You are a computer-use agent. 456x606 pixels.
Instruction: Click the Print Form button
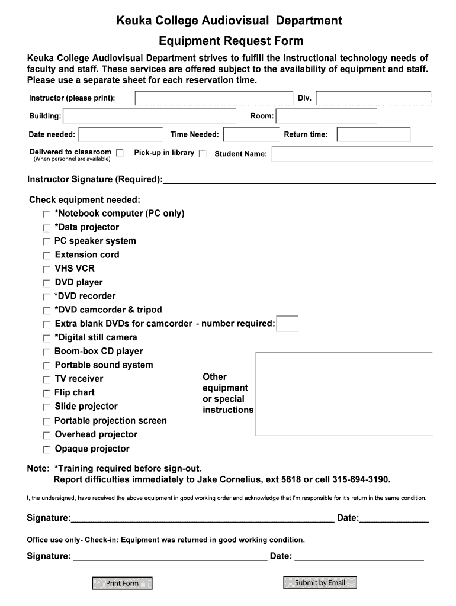click(x=122, y=583)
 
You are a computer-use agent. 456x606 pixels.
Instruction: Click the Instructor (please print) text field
click(x=214, y=98)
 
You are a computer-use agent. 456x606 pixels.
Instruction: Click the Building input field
click(x=149, y=117)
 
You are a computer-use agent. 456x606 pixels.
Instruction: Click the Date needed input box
click(x=121, y=135)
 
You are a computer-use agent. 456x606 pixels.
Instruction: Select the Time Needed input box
click(x=249, y=135)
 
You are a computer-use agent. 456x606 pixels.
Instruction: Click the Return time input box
click(x=374, y=135)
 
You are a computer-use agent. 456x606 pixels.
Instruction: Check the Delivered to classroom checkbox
click(x=120, y=153)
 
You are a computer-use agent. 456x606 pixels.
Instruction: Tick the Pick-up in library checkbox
click(x=203, y=153)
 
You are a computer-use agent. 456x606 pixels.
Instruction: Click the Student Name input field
click(x=352, y=154)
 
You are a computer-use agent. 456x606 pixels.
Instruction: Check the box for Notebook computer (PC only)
click(x=46, y=214)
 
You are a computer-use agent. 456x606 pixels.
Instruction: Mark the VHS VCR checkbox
click(x=46, y=269)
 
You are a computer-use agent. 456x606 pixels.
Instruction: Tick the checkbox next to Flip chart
click(x=46, y=394)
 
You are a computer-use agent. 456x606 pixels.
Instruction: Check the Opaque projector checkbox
click(x=46, y=450)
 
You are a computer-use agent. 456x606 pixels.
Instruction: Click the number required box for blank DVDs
click(x=287, y=324)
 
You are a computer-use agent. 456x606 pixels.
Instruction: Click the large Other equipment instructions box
click(x=344, y=392)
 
